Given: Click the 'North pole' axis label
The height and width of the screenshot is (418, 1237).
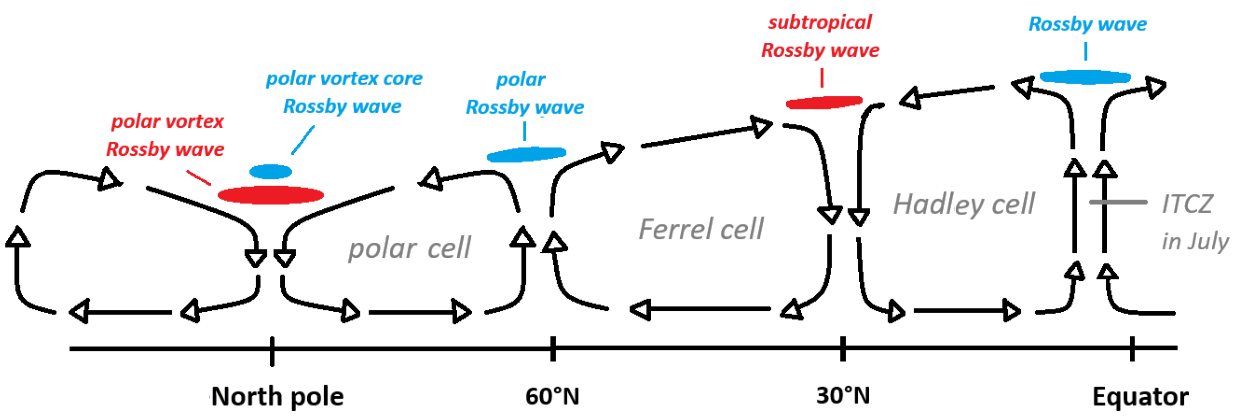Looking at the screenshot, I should click(277, 397).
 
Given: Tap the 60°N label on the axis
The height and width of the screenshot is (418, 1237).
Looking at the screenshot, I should click(552, 397).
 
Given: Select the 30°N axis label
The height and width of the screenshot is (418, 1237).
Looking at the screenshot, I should click(843, 396).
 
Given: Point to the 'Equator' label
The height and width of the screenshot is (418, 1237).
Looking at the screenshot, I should click(1140, 397).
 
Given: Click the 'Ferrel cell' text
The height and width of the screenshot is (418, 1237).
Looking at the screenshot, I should click(700, 229).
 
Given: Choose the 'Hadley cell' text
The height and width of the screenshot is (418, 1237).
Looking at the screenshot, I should click(964, 204).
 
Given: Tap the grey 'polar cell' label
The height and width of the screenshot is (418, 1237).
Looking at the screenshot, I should click(409, 248).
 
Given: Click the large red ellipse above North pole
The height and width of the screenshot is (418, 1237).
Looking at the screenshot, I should click(271, 195).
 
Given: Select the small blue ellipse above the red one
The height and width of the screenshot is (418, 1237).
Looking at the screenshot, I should click(270, 172).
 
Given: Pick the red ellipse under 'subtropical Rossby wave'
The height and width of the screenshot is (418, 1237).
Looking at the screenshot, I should click(824, 103).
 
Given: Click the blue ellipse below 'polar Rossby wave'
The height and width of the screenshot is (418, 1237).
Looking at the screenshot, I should click(526, 154).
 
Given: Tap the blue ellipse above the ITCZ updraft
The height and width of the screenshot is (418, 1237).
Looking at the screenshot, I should click(1085, 77).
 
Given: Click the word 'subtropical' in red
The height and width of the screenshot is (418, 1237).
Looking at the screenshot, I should click(820, 22).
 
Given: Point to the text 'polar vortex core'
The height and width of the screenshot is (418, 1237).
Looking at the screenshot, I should click(344, 79).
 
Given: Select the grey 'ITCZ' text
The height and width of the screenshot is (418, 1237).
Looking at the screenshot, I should click(1187, 204).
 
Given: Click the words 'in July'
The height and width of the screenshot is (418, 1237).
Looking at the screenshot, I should click(1194, 241).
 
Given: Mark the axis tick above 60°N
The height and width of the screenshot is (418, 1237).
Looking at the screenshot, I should click(553, 348).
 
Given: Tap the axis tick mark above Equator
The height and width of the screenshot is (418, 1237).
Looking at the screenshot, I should click(1132, 348).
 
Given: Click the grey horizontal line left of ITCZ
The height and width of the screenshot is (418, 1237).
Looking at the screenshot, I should click(1118, 202).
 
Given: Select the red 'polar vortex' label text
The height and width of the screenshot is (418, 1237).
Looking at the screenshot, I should click(167, 121).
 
